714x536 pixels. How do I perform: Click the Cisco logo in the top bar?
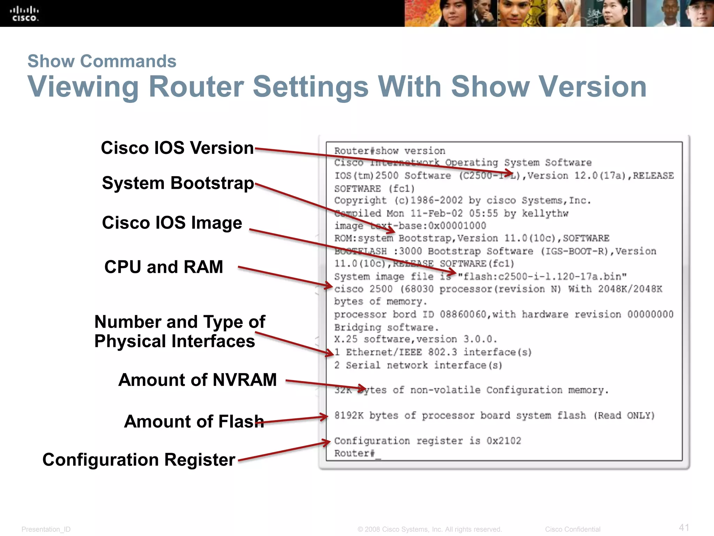pos(24,14)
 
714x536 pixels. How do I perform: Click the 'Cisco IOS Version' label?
pos(177,148)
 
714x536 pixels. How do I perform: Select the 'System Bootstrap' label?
pos(178,183)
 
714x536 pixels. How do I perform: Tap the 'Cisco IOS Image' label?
pos(172,223)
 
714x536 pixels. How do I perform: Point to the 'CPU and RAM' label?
pos(164,267)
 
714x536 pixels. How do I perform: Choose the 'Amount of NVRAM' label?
pos(197,380)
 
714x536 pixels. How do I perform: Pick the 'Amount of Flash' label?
pos(194,421)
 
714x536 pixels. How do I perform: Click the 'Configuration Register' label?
pos(139,460)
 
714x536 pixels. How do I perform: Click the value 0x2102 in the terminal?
pos(503,441)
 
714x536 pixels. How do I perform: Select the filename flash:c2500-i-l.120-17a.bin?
pos(542,277)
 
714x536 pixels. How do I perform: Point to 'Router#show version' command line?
pos(389,151)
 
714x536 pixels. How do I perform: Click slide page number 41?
pos(684,527)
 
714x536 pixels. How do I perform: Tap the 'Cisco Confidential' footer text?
pos(572,529)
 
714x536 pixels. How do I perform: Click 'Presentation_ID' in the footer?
pos(46,529)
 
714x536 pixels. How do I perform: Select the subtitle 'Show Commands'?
pos(102,61)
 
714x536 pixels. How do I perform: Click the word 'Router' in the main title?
pos(196,87)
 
